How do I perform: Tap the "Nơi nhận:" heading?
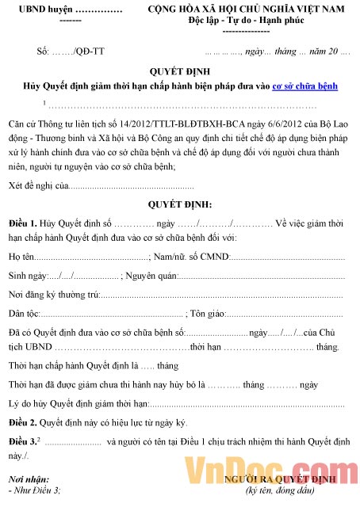[30, 480]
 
